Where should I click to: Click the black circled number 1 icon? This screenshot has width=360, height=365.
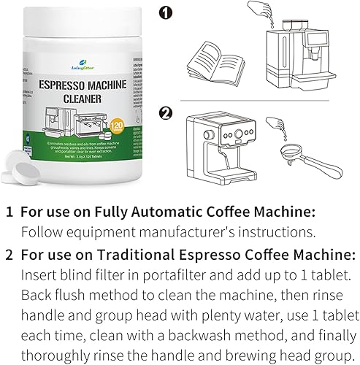166,14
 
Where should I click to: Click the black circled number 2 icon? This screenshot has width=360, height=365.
166,112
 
